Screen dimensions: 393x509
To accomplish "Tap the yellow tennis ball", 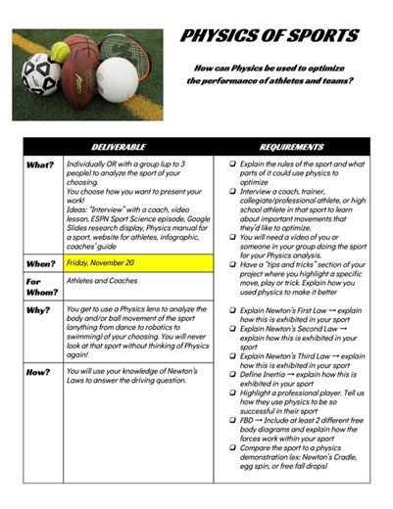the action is [61, 51].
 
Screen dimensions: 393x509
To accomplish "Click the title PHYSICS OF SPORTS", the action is [270, 36].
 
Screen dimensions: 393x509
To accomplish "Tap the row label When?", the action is [42, 263].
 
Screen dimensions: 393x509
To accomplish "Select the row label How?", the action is [40, 372].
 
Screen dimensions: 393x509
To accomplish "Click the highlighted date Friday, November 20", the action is [107, 262].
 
